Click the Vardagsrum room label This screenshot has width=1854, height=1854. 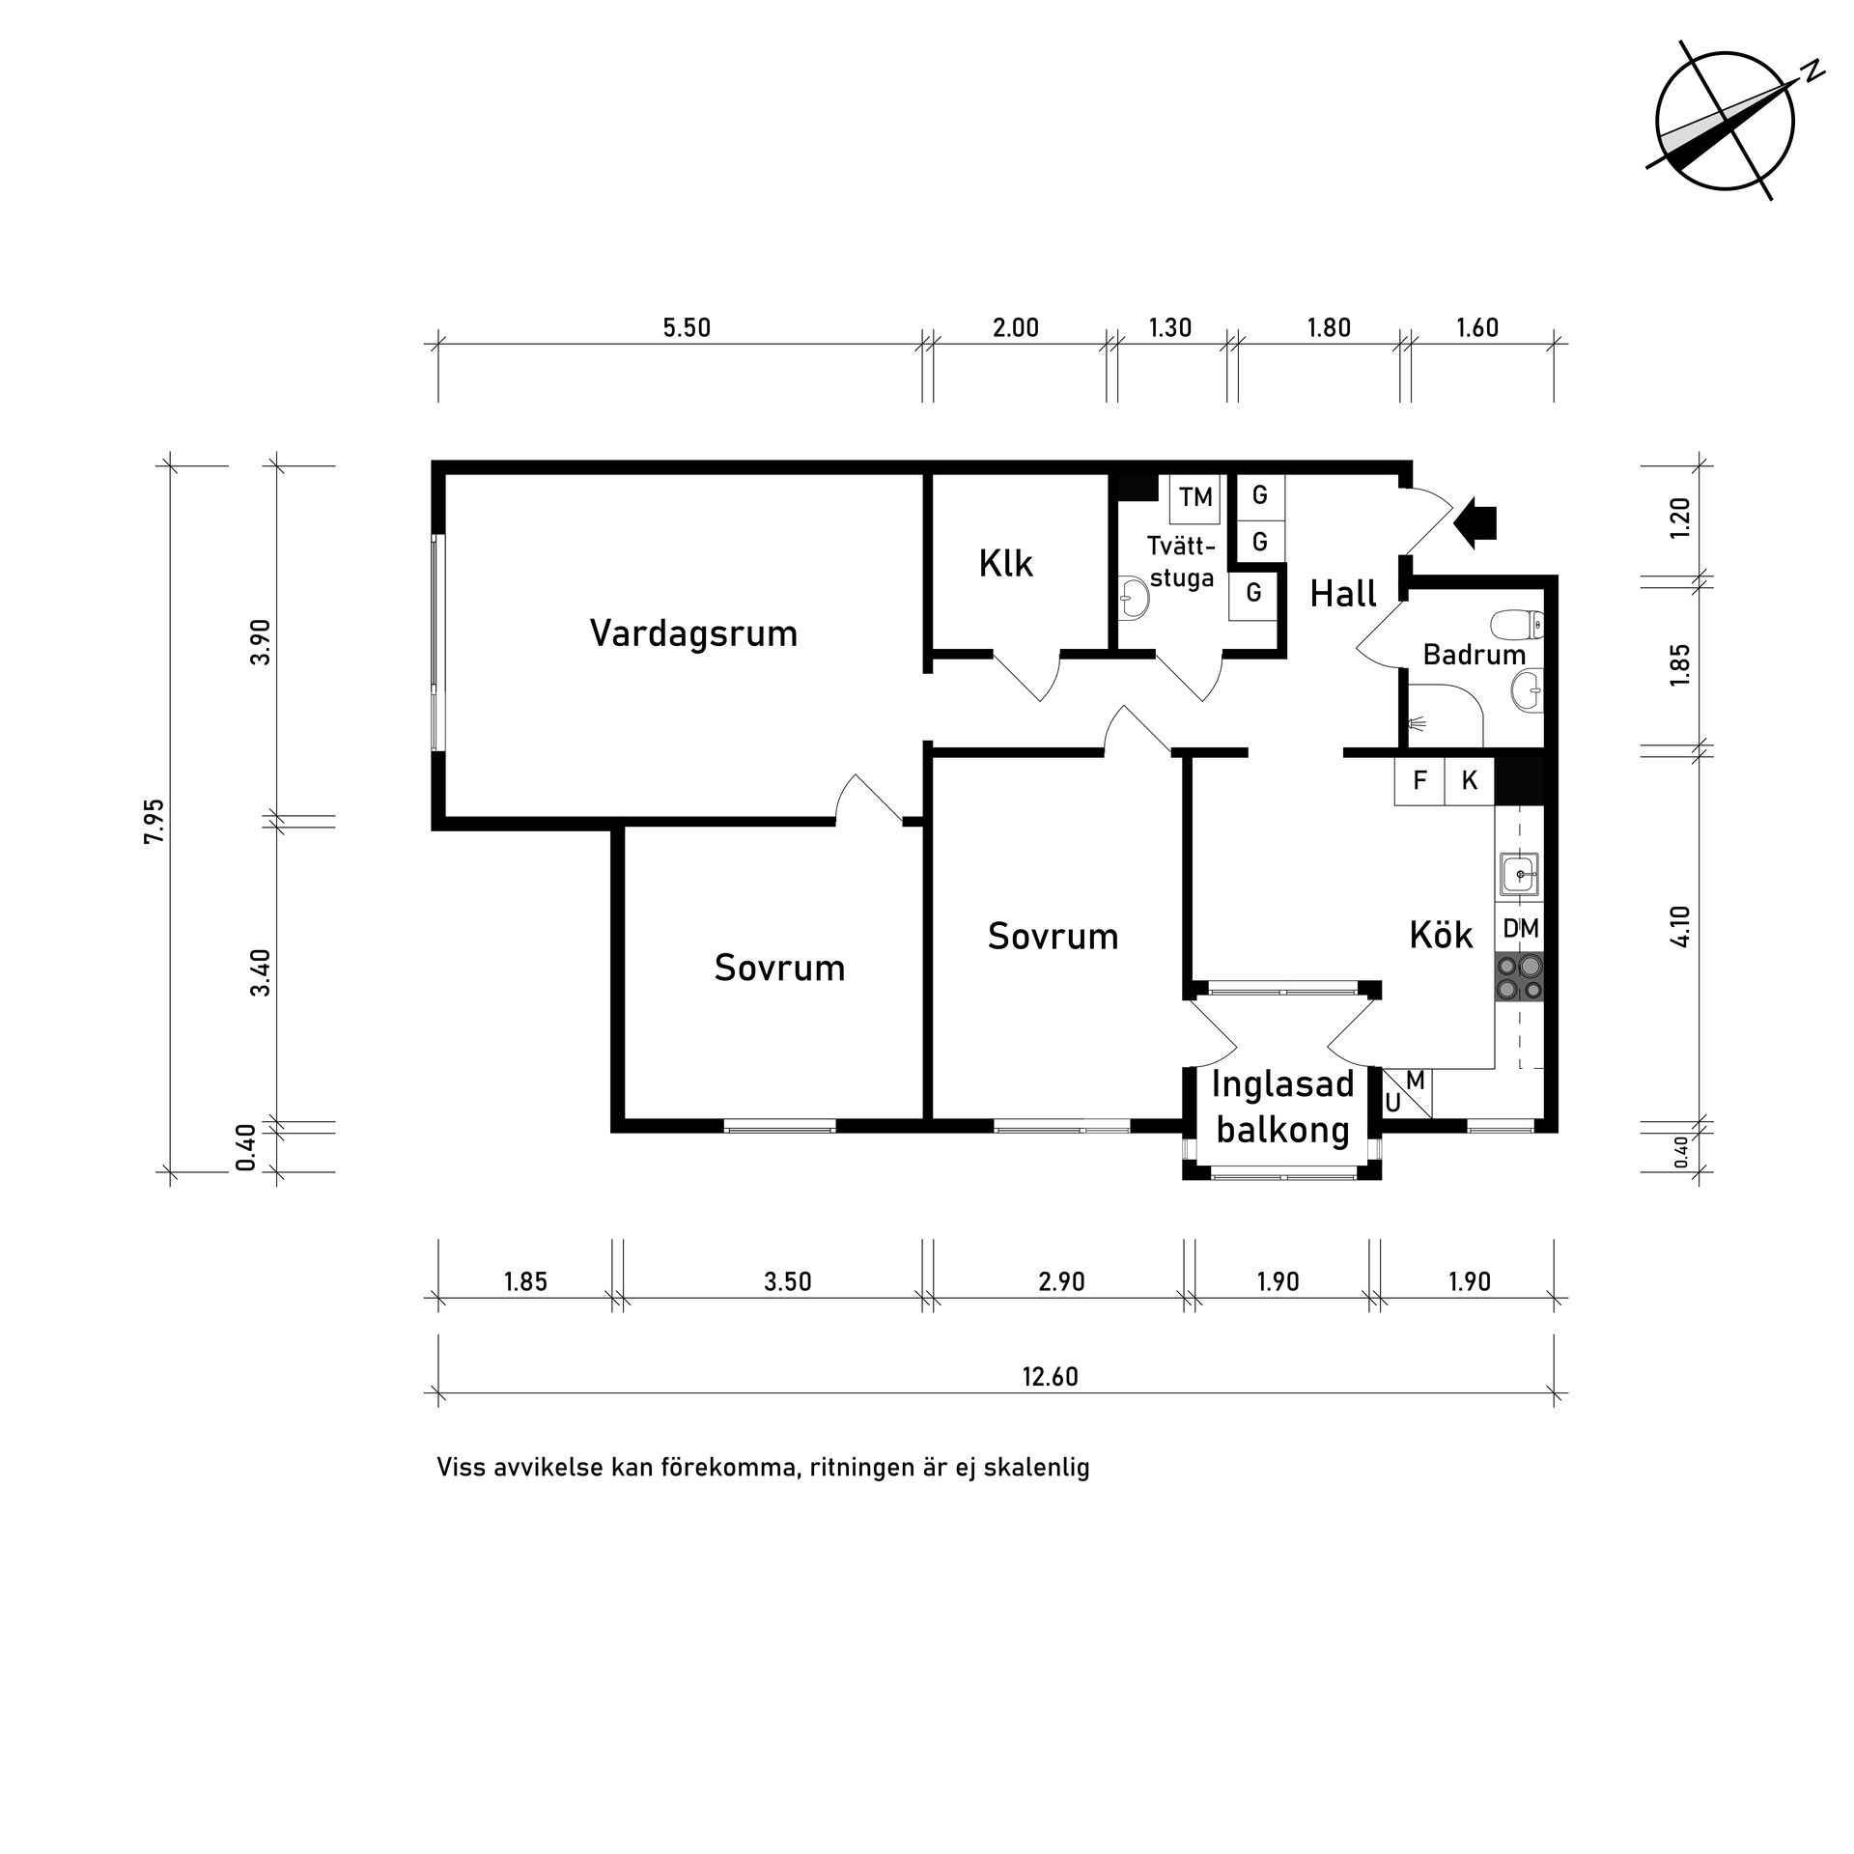coord(693,633)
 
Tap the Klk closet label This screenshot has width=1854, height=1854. coord(1005,563)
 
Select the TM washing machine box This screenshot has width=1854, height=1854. coord(1194,497)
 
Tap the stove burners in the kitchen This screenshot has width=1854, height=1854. coord(1520,976)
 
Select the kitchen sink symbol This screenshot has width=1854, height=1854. coord(1520,875)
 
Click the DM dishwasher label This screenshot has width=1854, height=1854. coord(1521,929)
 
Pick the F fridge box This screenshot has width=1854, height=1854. coord(1419,780)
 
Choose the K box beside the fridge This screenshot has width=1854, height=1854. coord(1470,780)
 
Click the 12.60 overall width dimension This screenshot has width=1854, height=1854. coord(1050,1377)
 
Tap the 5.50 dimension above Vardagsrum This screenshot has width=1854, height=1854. coord(686,328)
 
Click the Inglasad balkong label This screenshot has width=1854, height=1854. coord(1282,1106)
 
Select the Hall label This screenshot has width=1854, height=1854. coord(1343,593)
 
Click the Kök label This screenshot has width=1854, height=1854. coord(1441,935)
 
